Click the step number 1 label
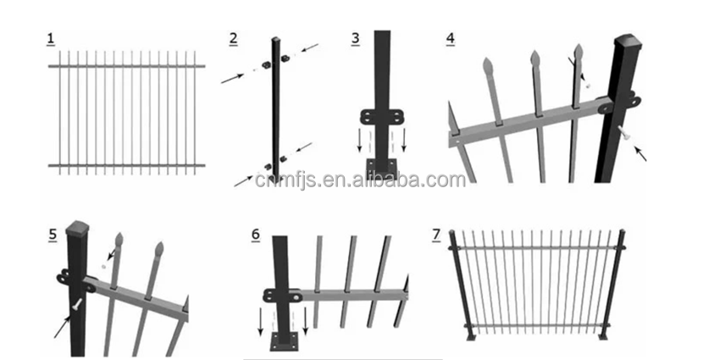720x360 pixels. (x=50, y=39)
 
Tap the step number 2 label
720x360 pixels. (x=233, y=38)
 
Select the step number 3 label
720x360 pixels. (x=355, y=38)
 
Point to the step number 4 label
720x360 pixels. (x=450, y=38)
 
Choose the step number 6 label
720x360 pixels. (x=256, y=234)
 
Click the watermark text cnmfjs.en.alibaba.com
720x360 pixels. (x=379, y=180)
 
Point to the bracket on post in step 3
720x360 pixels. (x=382, y=116)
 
